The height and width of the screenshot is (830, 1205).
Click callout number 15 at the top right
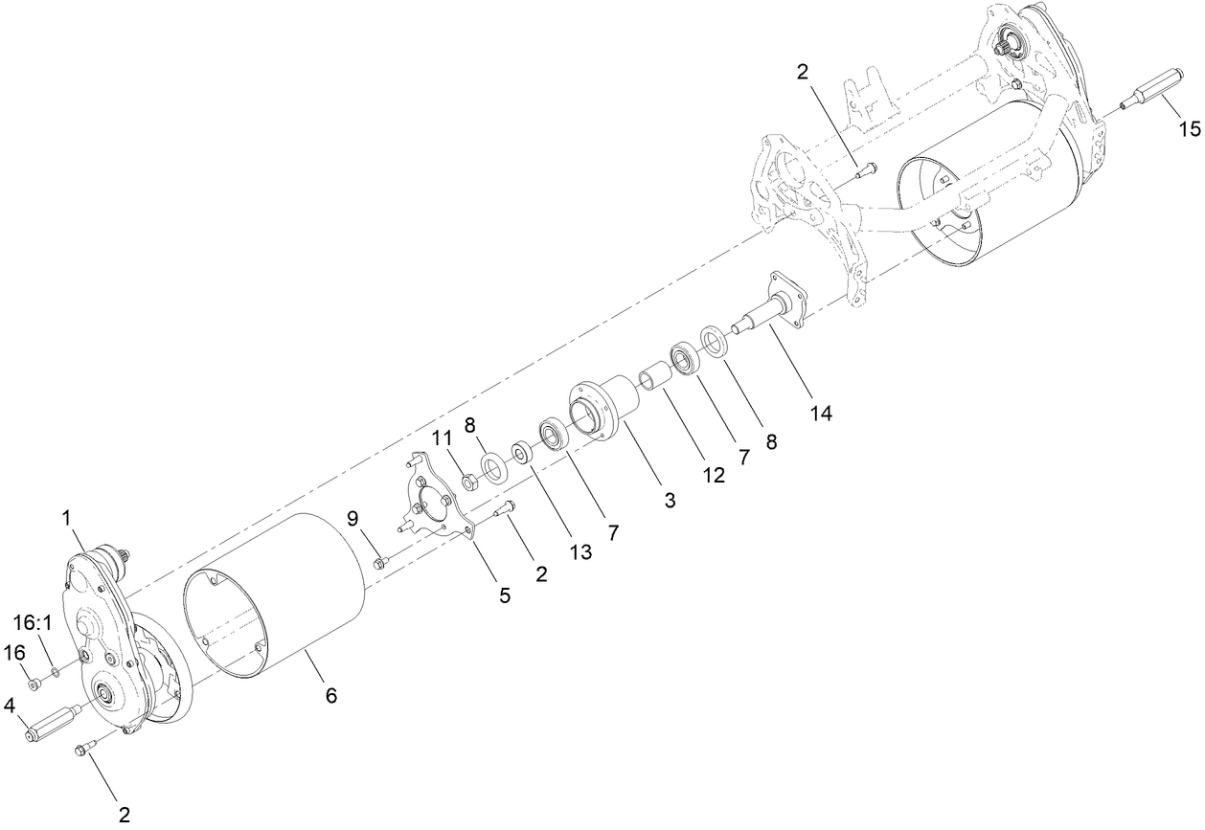(1188, 128)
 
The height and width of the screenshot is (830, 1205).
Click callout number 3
(670, 499)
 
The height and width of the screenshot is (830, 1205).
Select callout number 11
(441, 437)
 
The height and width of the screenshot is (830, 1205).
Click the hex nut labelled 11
(469, 482)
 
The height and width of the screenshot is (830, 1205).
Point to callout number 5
(505, 594)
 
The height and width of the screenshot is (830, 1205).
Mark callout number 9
(353, 519)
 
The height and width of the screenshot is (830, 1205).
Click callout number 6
(330, 695)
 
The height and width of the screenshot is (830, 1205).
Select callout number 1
(68, 517)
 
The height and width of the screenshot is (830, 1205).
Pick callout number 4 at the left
(10, 706)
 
